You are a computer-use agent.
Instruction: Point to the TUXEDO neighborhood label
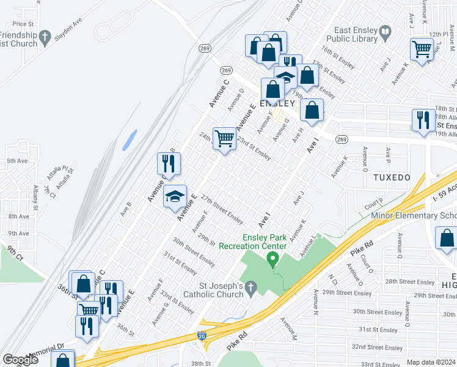392,177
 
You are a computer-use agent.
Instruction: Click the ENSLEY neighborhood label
277,103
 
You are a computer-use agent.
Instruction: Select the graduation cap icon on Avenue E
175,196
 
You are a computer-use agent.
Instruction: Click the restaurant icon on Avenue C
167,163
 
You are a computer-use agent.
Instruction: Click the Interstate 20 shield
202,336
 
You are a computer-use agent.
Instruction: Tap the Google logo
20,360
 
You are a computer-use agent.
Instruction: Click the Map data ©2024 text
431,362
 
